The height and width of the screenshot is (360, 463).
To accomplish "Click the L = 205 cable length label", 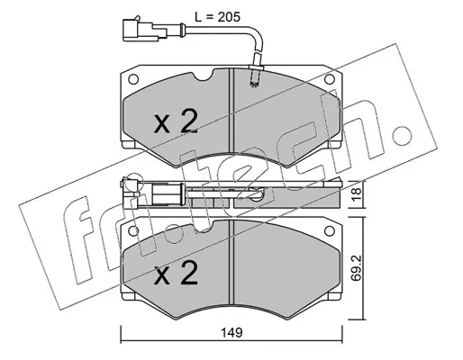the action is (x=217, y=17).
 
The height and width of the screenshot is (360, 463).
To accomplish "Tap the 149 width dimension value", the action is (x=231, y=332).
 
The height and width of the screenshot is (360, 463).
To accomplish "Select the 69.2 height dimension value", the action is (x=357, y=268).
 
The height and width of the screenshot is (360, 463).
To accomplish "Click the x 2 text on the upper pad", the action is (x=176, y=121).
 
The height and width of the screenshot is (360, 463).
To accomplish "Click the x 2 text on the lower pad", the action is (x=176, y=273).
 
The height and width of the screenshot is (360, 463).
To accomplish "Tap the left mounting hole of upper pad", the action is (x=133, y=79).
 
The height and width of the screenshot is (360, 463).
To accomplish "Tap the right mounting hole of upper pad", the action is (x=330, y=79).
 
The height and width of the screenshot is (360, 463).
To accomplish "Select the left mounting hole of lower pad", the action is (x=133, y=230).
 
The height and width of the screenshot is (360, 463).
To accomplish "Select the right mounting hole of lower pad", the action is (x=330, y=230).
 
